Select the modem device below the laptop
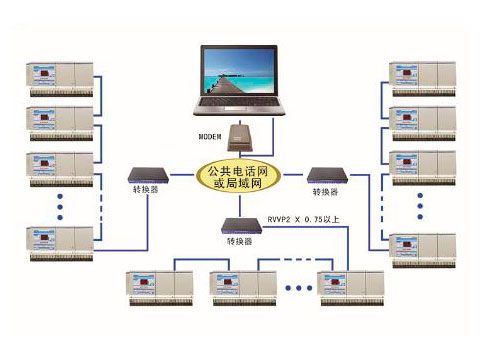[x=240, y=137]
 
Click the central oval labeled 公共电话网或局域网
[x=240, y=177]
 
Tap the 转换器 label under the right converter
[x=326, y=191]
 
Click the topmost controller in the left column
[x=60, y=78]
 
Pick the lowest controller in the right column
[x=421, y=250]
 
